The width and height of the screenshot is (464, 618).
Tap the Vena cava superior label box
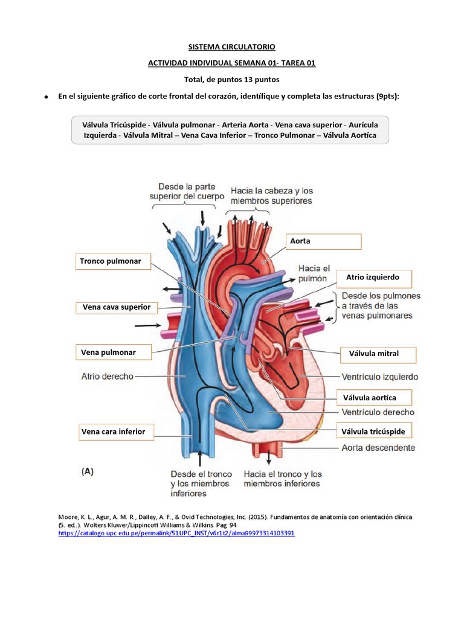point(116,307)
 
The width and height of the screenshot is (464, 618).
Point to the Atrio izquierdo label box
point(373,278)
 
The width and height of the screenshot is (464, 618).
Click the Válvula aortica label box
point(375,397)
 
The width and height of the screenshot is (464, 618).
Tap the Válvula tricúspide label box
point(375,431)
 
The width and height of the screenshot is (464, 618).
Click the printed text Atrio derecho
point(107,376)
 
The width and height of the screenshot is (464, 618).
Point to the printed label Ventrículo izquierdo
point(379,377)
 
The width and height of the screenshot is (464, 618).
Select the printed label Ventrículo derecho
point(378,412)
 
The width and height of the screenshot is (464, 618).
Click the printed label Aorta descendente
point(378,448)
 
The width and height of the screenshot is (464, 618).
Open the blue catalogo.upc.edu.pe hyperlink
point(176,534)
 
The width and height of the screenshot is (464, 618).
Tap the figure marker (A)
point(88,473)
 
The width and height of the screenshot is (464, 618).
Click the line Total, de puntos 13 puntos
point(232,79)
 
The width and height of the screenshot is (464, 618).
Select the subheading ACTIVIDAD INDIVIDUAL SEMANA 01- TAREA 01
point(232,63)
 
